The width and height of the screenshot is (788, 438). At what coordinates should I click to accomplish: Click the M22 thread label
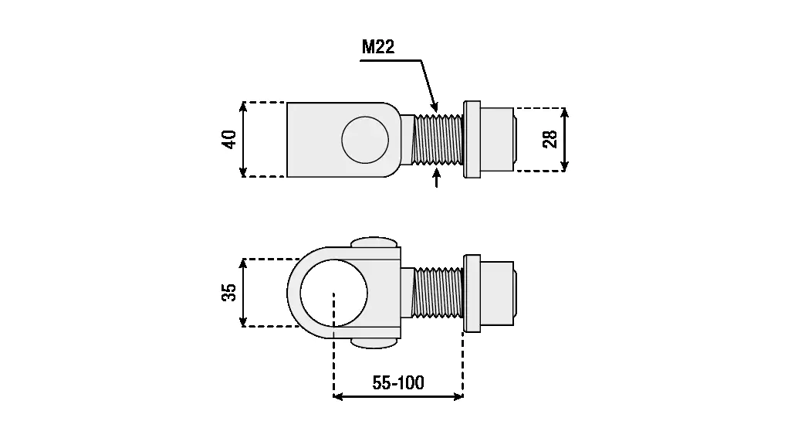pyautogui.click(x=378, y=47)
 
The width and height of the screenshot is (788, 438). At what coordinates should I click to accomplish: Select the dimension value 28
pyautogui.click(x=550, y=139)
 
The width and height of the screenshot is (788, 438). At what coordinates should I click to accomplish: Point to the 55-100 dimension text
pyautogui.click(x=398, y=382)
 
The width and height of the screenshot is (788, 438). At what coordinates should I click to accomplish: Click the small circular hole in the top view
pyautogui.click(x=366, y=140)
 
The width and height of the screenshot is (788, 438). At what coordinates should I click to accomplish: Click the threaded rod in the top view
pyautogui.click(x=438, y=139)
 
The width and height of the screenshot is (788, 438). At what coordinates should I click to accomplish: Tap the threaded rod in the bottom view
pyautogui.click(x=438, y=292)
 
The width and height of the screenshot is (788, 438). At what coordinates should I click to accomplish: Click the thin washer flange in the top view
pyautogui.click(x=472, y=139)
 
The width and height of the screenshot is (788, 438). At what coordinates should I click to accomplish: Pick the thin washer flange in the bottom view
pyautogui.click(x=472, y=292)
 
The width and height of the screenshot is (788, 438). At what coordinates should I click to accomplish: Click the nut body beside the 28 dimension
pyautogui.click(x=498, y=139)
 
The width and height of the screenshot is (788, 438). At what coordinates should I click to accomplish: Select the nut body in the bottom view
pyautogui.click(x=498, y=292)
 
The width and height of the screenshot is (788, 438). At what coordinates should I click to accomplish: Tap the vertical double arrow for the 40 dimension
pyautogui.click(x=244, y=139)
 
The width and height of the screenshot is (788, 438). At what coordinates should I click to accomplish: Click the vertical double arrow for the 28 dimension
pyautogui.click(x=565, y=139)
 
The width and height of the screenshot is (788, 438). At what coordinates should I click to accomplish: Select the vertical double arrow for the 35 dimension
pyautogui.click(x=244, y=292)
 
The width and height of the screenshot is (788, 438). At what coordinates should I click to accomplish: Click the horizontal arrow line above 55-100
pyautogui.click(x=398, y=397)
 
